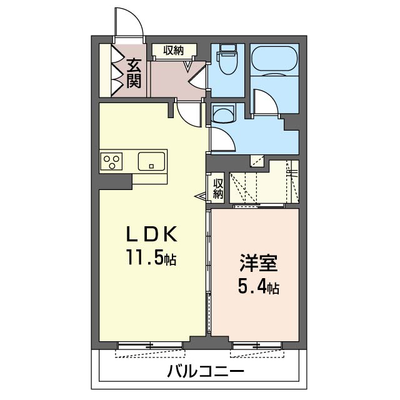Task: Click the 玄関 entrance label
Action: [x=133, y=72]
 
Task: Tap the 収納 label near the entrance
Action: [x=174, y=50]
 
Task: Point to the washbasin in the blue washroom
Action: [x=222, y=113]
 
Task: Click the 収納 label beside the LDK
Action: [x=217, y=189]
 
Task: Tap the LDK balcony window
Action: [x=150, y=345]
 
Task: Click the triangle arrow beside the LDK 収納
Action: [x=201, y=197]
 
